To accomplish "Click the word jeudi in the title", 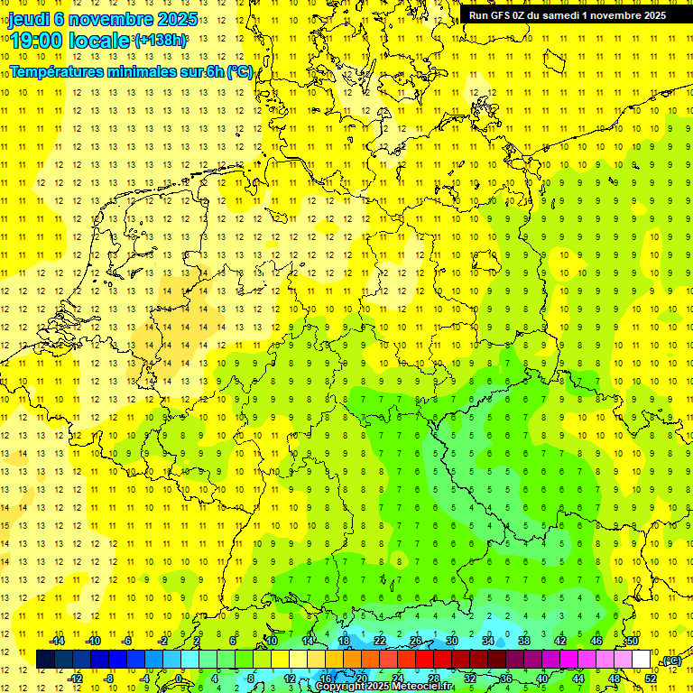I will [29, 19].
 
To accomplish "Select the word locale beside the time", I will [99, 41].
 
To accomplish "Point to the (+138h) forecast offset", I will [160, 41].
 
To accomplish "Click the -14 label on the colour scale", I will [56, 641].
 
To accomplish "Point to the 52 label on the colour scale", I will [651, 679].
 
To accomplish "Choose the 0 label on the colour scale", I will [178, 679].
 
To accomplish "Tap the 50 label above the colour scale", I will [633, 641].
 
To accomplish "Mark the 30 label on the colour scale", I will [451, 641].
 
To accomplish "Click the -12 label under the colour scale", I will [75, 679].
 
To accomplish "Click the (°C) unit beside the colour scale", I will [670, 661].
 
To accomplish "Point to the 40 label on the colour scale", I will [542, 679].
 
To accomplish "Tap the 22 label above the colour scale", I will [379, 641].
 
